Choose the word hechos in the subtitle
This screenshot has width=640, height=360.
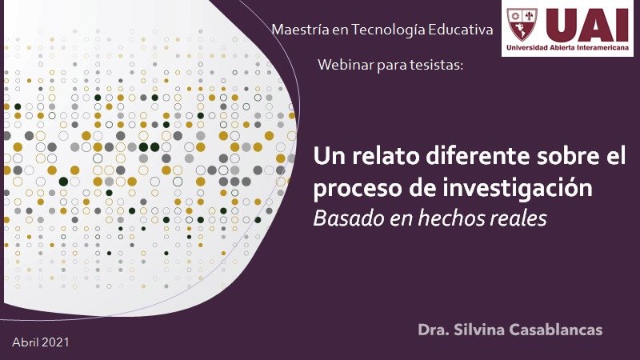[450, 218]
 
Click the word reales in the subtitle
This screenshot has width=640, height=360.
[518, 218]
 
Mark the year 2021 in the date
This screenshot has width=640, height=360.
[55, 342]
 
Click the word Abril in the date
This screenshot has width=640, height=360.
[26, 342]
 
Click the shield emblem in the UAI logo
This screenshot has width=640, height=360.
[522, 25]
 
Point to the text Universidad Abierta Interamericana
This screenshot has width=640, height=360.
[568, 47]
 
